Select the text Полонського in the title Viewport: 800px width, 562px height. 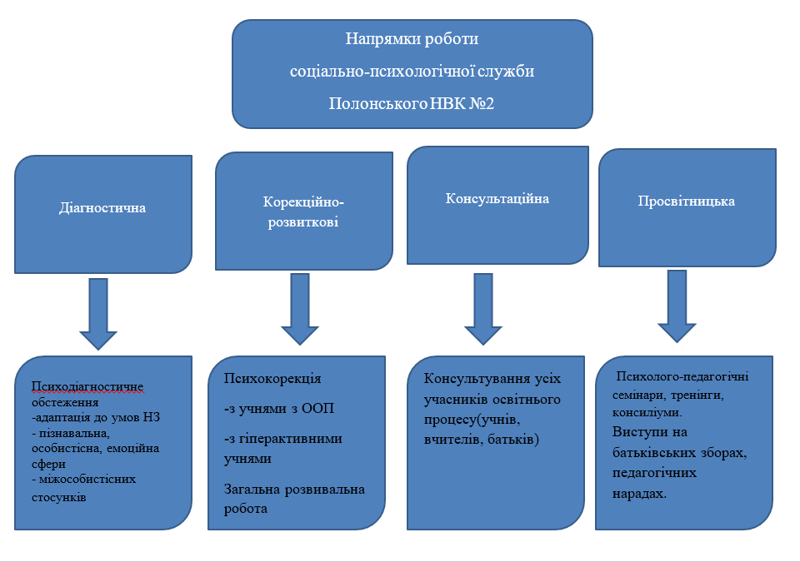pos(370,104)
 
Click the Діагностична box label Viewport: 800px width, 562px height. pos(103,208)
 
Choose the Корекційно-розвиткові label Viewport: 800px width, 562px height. pos(303,213)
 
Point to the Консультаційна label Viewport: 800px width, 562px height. pos(497,200)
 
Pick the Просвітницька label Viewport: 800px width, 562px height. pos(687,201)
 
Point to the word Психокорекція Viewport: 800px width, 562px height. pos(272,379)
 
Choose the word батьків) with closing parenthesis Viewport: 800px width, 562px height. pos(512,438)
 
